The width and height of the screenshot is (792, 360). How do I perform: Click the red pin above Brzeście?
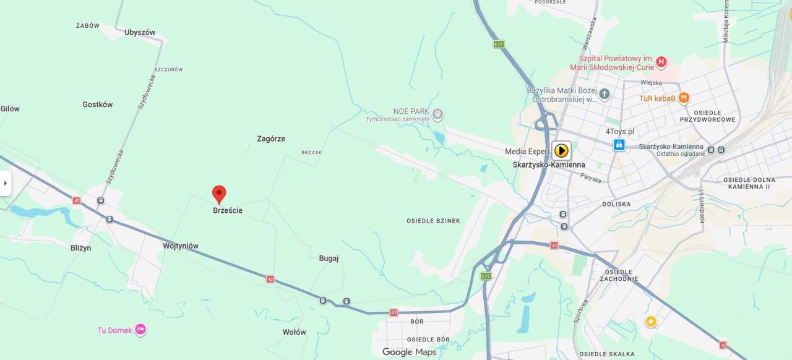click(x=219, y=194)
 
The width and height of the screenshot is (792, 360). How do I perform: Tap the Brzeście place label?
click(x=228, y=210)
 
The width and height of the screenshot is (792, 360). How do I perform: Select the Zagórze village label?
click(x=271, y=139)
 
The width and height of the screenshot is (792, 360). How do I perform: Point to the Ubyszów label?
click(x=140, y=32)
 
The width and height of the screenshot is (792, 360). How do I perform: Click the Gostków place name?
click(x=98, y=105)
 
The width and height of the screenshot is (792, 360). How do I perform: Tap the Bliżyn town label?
click(x=80, y=248)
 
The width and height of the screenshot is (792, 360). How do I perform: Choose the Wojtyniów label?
click(x=181, y=246)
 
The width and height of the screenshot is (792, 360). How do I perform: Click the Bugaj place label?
click(x=329, y=259)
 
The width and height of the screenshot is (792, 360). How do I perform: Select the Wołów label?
click(x=295, y=332)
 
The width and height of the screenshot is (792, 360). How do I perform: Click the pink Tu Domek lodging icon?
click(x=140, y=330)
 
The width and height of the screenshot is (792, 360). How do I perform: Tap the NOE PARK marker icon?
click(x=438, y=114)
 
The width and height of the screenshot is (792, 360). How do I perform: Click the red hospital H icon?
click(x=661, y=62)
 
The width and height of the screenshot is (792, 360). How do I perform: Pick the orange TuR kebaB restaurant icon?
click(x=684, y=98)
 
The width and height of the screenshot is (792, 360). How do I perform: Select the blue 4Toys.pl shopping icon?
click(x=619, y=145)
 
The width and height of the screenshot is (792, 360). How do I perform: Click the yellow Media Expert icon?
click(x=561, y=150)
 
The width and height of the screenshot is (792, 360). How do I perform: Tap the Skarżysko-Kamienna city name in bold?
click(x=549, y=165)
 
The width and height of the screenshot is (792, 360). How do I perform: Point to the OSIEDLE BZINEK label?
click(x=433, y=221)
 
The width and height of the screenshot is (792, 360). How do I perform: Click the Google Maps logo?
click(x=409, y=352)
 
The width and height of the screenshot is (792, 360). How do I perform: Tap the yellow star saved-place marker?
click(x=651, y=322)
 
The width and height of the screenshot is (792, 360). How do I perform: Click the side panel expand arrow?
click(x=6, y=183)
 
